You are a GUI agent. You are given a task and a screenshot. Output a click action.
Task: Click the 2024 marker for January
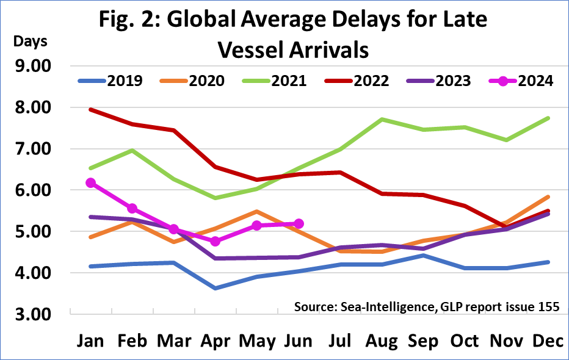(x=91, y=182)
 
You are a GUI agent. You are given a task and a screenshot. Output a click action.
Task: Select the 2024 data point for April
(x=215, y=241)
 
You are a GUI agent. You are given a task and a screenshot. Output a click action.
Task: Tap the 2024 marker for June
(x=299, y=224)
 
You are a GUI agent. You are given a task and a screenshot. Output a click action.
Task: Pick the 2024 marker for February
(x=132, y=208)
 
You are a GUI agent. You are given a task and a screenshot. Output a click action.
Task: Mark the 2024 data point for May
(x=256, y=226)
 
